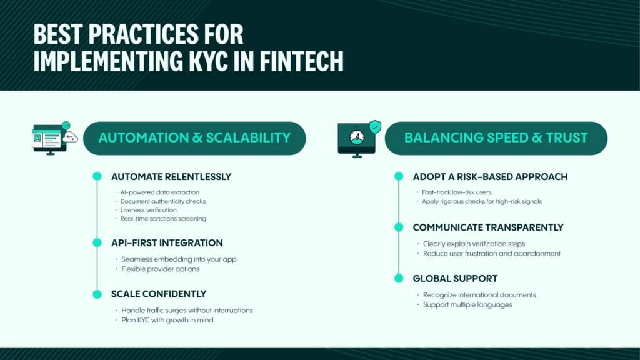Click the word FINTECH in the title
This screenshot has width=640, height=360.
click(302, 61)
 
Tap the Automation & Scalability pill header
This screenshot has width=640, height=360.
click(194, 138)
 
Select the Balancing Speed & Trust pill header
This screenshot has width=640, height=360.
click(496, 138)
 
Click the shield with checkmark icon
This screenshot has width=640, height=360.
click(375, 127)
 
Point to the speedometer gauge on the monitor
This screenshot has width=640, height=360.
click(357, 137)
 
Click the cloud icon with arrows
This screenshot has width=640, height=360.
click(70, 137)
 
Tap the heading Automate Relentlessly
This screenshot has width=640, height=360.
click(171, 177)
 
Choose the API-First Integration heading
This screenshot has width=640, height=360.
click(167, 243)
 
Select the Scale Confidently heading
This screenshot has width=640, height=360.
click(159, 294)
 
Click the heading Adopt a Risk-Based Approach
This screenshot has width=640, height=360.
click(490, 177)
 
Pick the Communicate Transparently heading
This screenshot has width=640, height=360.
click(488, 227)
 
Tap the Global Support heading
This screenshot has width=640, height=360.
click(455, 278)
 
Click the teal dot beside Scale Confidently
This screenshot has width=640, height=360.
click(97, 294)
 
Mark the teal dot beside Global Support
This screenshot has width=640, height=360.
click(399, 278)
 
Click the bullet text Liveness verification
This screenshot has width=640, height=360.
click(149, 210)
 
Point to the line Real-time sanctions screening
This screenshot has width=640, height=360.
click(163, 219)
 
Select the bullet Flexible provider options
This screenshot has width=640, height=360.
click(161, 269)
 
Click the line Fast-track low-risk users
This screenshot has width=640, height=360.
click(457, 192)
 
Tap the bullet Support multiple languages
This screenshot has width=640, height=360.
click(467, 305)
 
